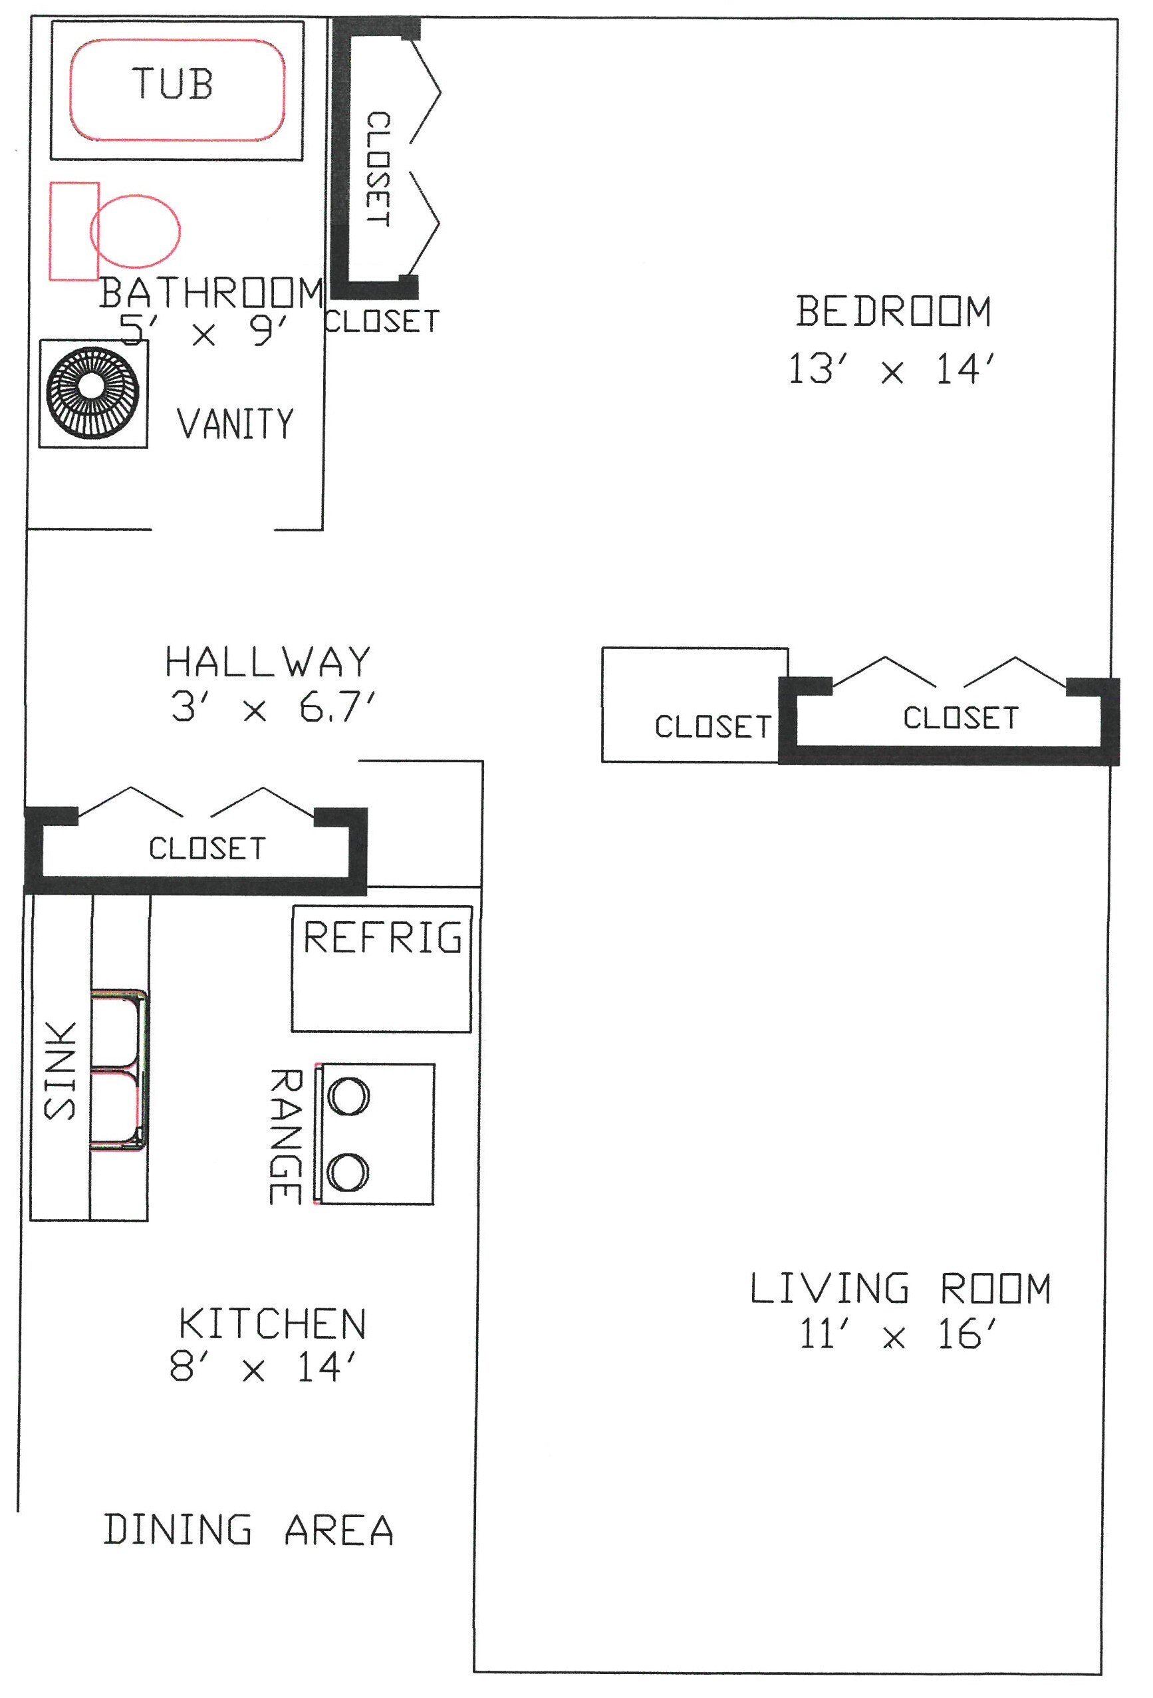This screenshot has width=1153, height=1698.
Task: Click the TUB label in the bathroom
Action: [x=173, y=83]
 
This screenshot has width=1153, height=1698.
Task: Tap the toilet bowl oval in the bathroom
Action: [x=136, y=231]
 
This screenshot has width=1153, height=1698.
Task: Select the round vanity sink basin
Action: [x=93, y=393]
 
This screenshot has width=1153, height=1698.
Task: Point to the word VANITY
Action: [x=235, y=424]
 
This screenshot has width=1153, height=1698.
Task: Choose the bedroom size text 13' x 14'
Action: [x=892, y=369]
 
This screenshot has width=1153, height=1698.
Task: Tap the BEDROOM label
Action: [x=893, y=311]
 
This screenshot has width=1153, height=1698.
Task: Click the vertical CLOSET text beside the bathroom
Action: [x=378, y=169]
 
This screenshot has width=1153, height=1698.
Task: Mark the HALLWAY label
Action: [x=268, y=661]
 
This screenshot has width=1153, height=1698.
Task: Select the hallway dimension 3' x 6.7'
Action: [x=273, y=707]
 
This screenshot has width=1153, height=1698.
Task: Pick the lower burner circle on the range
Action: [x=348, y=1173]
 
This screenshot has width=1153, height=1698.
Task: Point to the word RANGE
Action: [x=285, y=1137]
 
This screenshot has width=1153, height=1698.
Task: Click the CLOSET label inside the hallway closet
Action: [x=207, y=848]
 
